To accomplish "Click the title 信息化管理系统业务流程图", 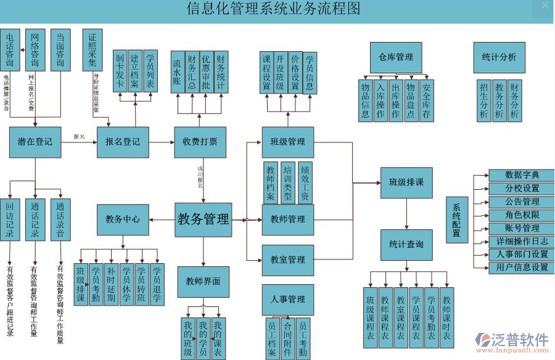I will (x=273, y=9).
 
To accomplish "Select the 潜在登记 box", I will (x=35, y=142).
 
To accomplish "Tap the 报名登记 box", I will (x=123, y=142).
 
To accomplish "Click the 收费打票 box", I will (x=200, y=142).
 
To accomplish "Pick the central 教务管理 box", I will (x=203, y=219).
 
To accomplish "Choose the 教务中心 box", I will (x=123, y=219).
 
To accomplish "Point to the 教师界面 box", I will (x=203, y=282).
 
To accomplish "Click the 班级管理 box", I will (x=287, y=142).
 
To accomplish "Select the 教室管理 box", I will (x=287, y=260).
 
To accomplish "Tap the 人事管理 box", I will (x=287, y=300).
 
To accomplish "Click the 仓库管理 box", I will (x=396, y=57).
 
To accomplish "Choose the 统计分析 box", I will (x=499, y=57).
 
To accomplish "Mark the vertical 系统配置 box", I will (x=456, y=220).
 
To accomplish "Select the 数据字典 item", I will (x=521, y=175).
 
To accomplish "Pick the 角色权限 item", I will (x=521, y=215).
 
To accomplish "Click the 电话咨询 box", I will (x=10, y=50).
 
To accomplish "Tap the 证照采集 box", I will (x=92, y=50).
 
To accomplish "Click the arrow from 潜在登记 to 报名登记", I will (x=79, y=142).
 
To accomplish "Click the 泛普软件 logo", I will (x=511, y=341).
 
